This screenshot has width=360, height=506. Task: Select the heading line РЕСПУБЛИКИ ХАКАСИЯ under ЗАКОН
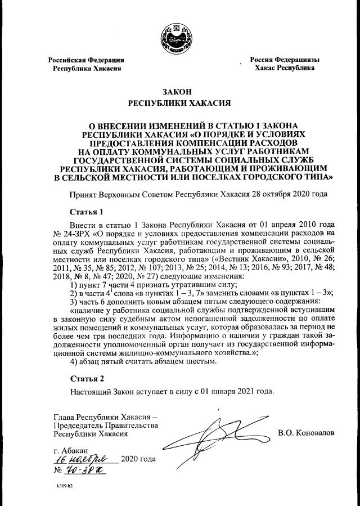point(180,104)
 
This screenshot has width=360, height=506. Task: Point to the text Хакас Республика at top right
point(284,68)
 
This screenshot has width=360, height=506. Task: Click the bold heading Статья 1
point(87,212)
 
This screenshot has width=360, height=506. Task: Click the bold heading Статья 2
point(87,378)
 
